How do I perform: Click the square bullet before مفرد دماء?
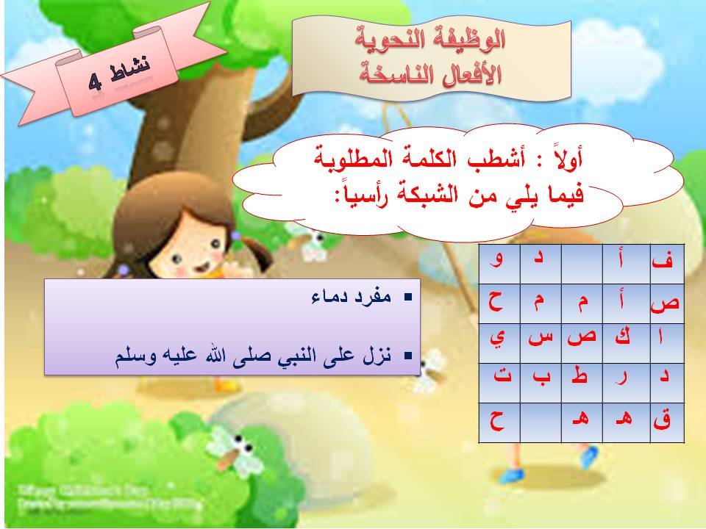[x=408, y=300]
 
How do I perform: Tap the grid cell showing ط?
[x=581, y=381]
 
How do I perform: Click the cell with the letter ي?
[x=499, y=340]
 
